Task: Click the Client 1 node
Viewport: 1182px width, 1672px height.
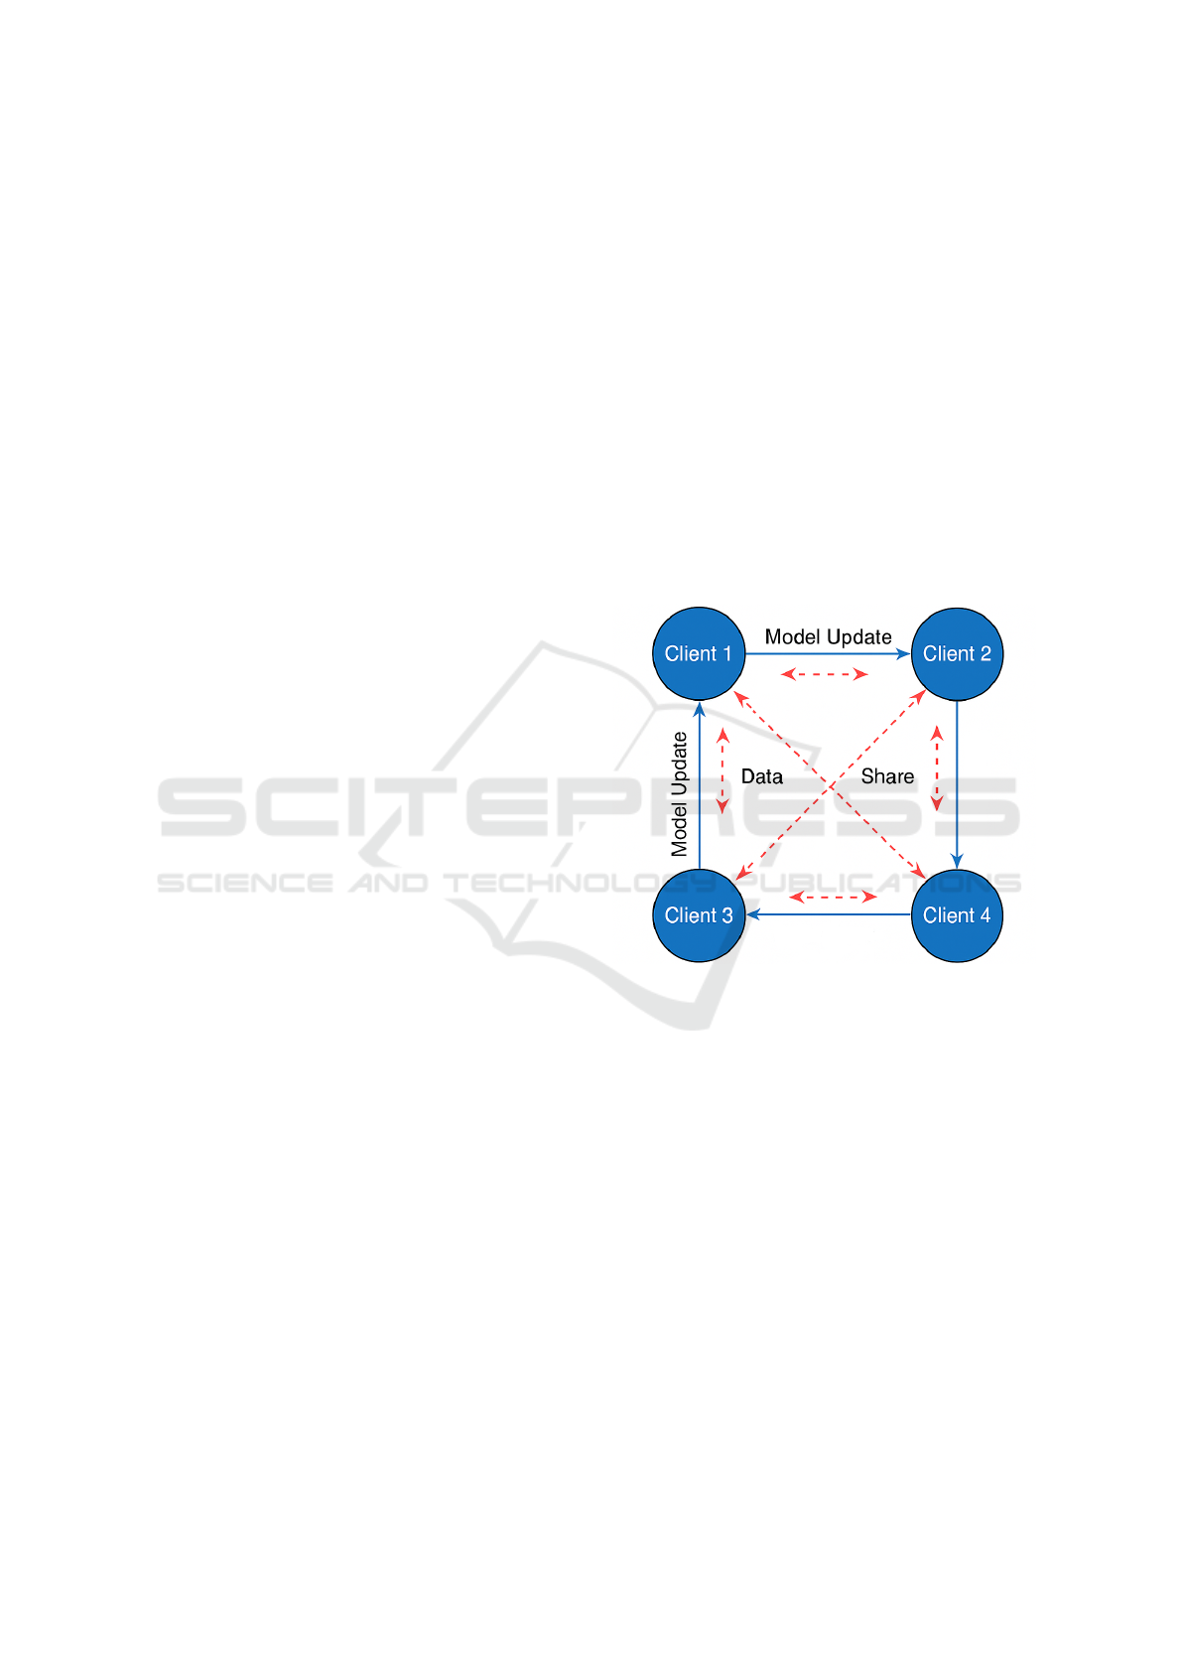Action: pyautogui.click(x=699, y=653)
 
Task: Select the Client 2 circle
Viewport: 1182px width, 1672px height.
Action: pyautogui.click(x=957, y=653)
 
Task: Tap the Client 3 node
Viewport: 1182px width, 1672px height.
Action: pyautogui.click(x=699, y=915)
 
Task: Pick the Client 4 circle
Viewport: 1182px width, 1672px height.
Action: pyautogui.click(x=957, y=915)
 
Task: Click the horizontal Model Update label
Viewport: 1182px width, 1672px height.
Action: pyautogui.click(x=828, y=636)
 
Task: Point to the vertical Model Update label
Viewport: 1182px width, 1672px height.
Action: pyautogui.click(x=680, y=794)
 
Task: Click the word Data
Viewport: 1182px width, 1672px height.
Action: pyautogui.click(x=762, y=776)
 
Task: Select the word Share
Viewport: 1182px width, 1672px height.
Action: pyautogui.click(x=887, y=776)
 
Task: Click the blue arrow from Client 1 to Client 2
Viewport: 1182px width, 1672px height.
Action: pyautogui.click(x=824, y=653)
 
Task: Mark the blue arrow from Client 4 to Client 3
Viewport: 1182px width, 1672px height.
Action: pyautogui.click(x=829, y=914)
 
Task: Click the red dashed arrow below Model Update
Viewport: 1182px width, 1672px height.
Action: pyautogui.click(x=825, y=674)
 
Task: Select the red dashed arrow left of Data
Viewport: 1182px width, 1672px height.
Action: pyautogui.click(x=723, y=770)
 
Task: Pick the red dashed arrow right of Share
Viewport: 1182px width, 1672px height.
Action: pyautogui.click(x=936, y=767)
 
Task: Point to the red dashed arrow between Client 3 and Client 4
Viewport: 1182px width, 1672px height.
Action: pyautogui.click(x=833, y=897)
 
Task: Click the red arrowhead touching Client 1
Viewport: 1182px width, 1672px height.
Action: pyautogui.click(x=738, y=697)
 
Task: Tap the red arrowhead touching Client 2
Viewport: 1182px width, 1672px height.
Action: pyautogui.click(x=920, y=696)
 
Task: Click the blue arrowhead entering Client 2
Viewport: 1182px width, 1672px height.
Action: pyautogui.click(x=904, y=653)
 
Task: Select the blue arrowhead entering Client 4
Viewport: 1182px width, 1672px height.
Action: pyautogui.click(x=957, y=861)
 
